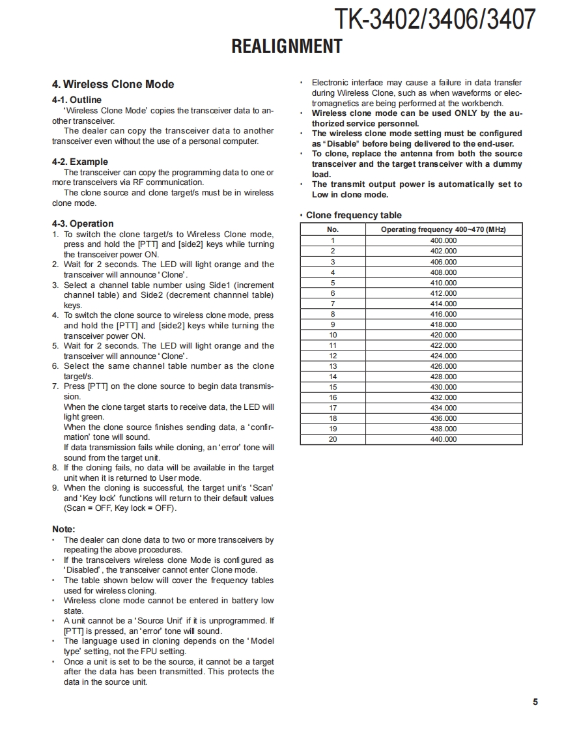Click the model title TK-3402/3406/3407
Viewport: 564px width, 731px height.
434,20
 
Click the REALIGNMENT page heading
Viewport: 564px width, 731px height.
287,46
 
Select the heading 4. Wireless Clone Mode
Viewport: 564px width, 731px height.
113,84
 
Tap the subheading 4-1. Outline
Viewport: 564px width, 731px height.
77,100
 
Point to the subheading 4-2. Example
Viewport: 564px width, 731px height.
80,162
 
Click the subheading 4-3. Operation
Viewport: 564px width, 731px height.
83,223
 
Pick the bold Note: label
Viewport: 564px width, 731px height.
64,529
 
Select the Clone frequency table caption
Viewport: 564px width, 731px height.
354,215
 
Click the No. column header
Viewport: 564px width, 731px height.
333,229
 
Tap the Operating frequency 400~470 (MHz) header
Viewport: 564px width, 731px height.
444,229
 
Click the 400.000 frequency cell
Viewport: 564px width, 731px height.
444,240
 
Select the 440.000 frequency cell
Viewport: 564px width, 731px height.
444,439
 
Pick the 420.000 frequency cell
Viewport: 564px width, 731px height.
444,335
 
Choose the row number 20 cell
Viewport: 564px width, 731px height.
333,439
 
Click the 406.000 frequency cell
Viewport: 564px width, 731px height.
444,262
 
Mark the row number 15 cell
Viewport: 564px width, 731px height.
333,387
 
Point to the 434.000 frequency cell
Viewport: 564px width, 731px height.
444,408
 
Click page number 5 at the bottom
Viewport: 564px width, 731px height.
535,702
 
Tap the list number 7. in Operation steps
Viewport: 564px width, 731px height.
55,386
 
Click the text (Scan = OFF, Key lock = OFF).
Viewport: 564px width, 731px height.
120,508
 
